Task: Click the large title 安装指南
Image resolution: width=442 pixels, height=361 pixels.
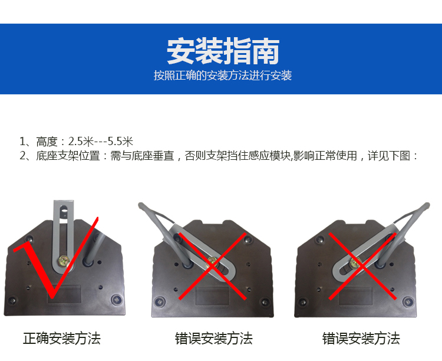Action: (x=223, y=51)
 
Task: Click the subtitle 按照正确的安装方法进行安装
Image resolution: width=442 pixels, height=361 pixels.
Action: (x=223, y=76)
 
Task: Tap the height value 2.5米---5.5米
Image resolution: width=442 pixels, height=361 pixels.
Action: (x=101, y=142)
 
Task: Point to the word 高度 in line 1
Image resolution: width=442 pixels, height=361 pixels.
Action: (x=47, y=142)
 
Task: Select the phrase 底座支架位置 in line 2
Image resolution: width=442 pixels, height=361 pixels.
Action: (x=68, y=156)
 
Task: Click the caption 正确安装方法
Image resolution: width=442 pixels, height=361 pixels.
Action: (x=62, y=338)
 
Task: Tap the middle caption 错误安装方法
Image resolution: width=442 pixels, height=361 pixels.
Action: (x=214, y=338)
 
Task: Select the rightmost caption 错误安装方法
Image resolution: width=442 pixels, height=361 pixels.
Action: (x=361, y=338)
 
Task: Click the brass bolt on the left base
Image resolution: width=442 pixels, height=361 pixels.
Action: (x=64, y=261)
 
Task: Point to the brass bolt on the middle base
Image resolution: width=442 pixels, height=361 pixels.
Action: (x=213, y=262)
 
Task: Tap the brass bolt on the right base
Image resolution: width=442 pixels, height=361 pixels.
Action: (x=355, y=263)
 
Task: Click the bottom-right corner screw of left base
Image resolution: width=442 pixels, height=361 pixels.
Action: (x=116, y=299)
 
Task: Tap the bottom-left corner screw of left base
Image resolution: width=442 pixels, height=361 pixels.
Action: (x=12, y=300)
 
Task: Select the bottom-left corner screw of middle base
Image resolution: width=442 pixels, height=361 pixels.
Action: (x=160, y=301)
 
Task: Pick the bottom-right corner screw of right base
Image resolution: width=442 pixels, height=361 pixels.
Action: (x=408, y=301)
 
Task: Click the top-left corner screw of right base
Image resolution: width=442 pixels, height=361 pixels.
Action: (x=319, y=239)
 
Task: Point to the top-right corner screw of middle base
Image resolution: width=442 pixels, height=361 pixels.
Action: (x=248, y=240)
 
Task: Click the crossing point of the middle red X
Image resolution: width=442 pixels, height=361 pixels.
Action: (x=213, y=266)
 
